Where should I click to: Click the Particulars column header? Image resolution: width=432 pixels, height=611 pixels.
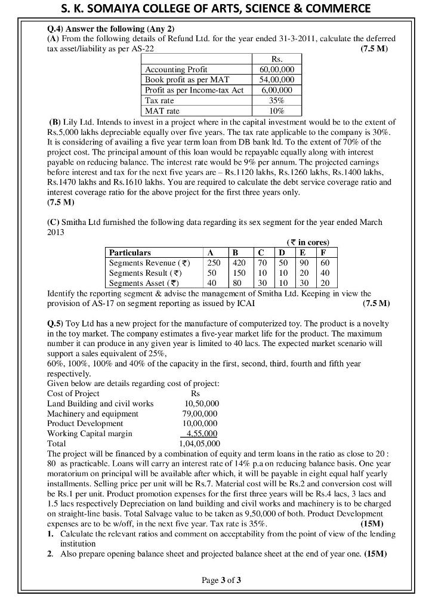click(x=130, y=252)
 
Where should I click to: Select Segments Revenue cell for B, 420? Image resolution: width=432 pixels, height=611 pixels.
click(x=239, y=263)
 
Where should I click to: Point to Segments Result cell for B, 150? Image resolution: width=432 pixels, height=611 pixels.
click(x=239, y=273)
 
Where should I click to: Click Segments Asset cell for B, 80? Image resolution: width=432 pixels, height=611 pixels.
click(x=239, y=283)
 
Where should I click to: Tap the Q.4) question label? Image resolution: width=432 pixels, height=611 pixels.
click(x=56, y=28)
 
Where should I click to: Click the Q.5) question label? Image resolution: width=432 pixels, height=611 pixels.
click(x=56, y=323)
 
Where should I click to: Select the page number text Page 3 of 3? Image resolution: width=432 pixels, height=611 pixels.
click(x=221, y=579)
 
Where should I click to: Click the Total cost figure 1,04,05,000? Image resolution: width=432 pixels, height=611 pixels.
click(x=200, y=444)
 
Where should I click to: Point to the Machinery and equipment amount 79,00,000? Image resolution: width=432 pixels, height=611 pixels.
click(x=200, y=413)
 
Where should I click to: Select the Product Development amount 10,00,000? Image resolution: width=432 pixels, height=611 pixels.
click(x=200, y=424)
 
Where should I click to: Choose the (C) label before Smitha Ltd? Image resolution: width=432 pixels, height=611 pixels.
click(x=52, y=222)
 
